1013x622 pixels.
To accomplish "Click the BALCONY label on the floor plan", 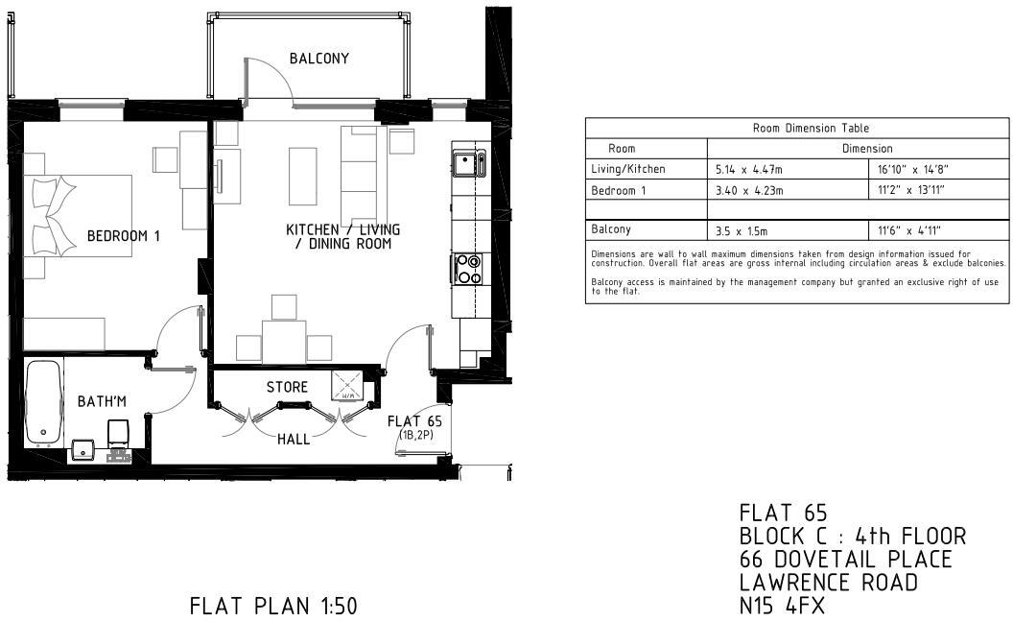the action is [319, 59].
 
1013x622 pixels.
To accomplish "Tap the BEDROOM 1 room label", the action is [124, 236].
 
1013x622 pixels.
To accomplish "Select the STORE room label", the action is [287, 387].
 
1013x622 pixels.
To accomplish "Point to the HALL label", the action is [294, 439].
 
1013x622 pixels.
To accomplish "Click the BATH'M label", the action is [102, 401].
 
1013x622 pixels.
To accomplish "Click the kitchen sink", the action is [470, 163].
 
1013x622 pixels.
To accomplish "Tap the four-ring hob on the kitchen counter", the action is [468, 269].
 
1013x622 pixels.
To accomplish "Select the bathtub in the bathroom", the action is [44, 403].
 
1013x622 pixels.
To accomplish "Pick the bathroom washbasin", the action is [83, 450].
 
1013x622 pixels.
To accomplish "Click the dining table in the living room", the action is [284, 342].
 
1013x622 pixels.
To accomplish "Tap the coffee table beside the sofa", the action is [302, 176].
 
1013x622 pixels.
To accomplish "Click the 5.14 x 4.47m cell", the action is [749, 169].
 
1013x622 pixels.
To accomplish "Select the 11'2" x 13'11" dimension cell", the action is [911, 190].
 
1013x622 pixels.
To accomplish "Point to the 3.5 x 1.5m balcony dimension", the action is [742, 230].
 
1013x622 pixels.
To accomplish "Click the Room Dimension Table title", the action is [811, 128].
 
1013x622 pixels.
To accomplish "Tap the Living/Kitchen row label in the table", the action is [628, 169].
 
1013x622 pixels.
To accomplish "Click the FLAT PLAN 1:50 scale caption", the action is [273, 606].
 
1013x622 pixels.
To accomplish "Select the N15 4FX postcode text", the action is [783, 606].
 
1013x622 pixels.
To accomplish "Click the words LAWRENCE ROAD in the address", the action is [829, 583].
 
